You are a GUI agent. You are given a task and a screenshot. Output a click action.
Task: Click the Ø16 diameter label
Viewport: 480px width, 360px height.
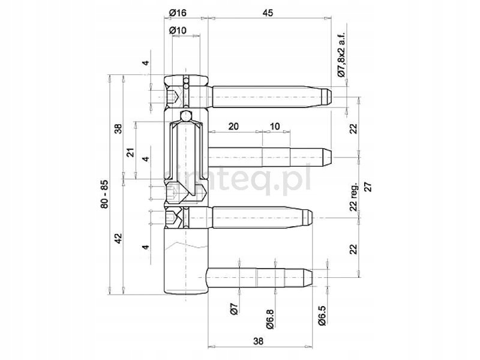tap(178, 13)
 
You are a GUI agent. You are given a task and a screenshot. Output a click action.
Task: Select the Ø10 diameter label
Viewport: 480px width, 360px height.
tap(178, 31)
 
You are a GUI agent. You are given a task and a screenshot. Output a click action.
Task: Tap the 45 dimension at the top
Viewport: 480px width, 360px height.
tap(268, 13)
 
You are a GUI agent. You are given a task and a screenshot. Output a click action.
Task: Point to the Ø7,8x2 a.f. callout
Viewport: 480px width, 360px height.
tap(341, 55)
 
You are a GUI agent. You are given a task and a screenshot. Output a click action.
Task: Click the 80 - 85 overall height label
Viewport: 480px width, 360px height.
tap(104, 194)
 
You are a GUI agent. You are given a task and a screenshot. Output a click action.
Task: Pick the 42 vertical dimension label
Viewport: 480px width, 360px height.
tap(118, 239)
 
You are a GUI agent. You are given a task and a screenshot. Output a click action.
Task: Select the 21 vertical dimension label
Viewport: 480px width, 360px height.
tap(131, 152)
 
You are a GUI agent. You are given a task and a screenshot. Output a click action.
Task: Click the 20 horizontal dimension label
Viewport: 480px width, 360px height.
tap(233, 126)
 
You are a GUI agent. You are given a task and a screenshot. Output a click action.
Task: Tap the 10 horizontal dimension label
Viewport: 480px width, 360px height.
tap(275, 126)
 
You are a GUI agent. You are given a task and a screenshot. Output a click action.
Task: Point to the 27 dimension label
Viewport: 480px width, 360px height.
tap(368, 187)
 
